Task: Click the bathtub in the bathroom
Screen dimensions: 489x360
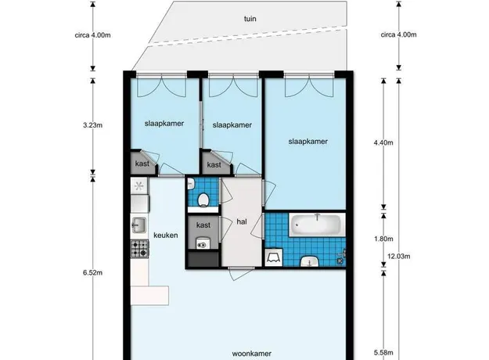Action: click(317, 225)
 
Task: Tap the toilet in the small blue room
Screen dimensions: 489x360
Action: click(203, 200)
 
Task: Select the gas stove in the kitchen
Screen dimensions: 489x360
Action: click(139, 249)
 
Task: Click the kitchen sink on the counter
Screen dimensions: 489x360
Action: click(138, 225)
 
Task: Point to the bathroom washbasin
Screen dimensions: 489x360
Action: click(309, 261)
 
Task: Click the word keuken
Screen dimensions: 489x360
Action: click(166, 236)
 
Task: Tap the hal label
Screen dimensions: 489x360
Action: click(242, 221)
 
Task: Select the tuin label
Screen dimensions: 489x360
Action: click(250, 19)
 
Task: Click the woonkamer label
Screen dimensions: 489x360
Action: click(252, 354)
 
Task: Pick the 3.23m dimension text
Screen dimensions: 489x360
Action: click(92, 125)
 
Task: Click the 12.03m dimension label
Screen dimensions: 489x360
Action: click(399, 257)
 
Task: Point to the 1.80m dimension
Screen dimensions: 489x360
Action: click(383, 239)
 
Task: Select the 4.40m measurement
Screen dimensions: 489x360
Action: click(383, 143)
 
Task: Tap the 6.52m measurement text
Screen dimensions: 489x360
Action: click(92, 272)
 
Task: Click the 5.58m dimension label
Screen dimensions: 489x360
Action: click(383, 353)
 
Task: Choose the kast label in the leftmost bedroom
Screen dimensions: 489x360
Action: click(142, 164)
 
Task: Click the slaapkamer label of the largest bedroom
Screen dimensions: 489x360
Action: click(307, 142)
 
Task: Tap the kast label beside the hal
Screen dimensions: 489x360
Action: click(203, 225)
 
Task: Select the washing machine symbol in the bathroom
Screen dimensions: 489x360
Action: click(274, 257)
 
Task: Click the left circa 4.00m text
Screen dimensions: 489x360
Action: click(92, 35)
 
